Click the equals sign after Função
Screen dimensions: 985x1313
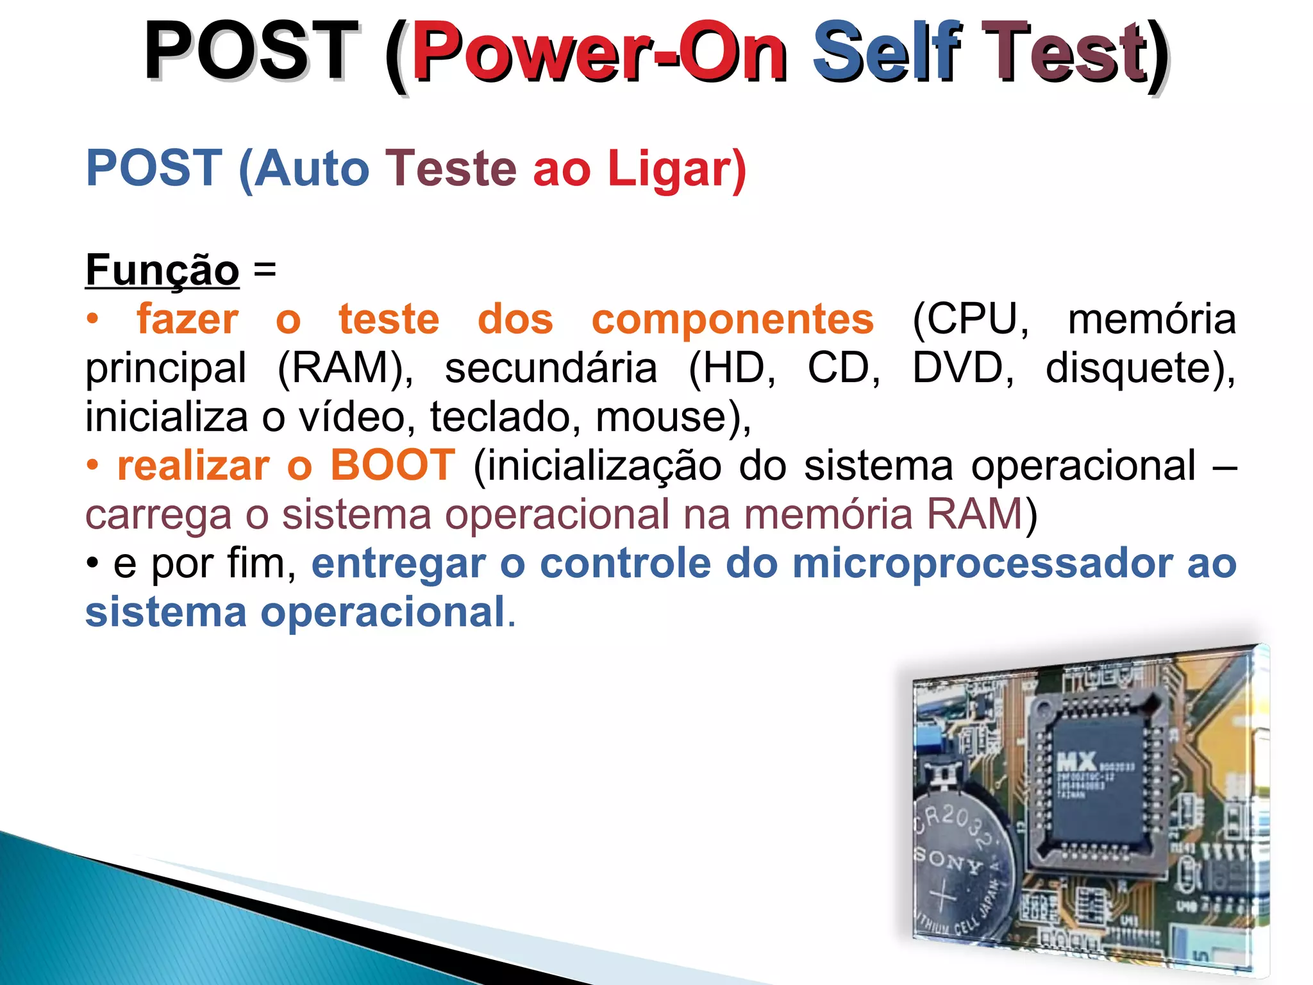tap(265, 269)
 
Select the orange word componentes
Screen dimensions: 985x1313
tap(732, 319)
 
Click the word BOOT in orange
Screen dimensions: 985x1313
tap(392, 465)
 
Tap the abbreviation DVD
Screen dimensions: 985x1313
tap(964, 368)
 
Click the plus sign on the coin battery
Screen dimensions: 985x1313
tap(943, 895)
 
